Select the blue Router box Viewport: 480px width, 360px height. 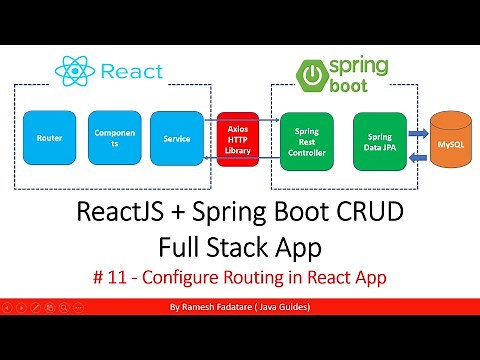click(47, 136)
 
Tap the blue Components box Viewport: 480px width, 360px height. click(109, 136)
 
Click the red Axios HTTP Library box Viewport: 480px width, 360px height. click(239, 136)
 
